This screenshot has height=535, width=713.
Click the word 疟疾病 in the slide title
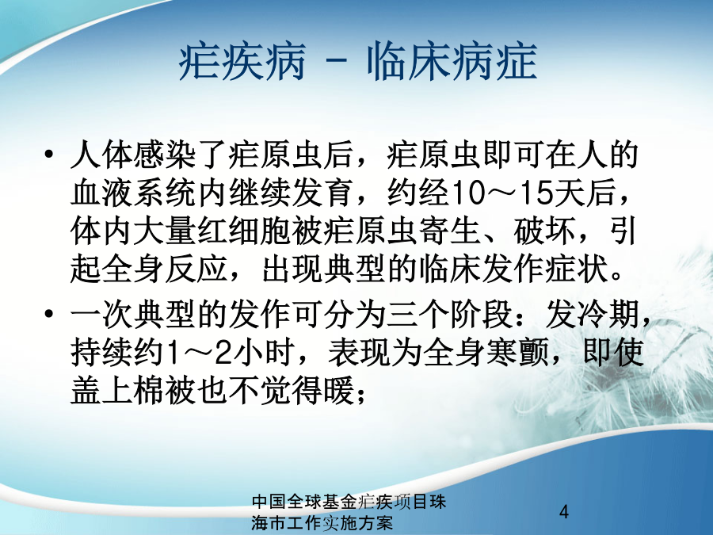click(242, 62)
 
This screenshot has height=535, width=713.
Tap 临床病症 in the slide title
click(452, 62)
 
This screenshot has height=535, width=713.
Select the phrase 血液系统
click(134, 193)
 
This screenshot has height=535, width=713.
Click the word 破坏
click(546, 232)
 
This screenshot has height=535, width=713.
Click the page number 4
click(564, 512)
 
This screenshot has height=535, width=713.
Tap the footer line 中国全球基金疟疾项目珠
click(349, 502)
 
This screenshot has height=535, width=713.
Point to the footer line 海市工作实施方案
click(322, 523)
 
